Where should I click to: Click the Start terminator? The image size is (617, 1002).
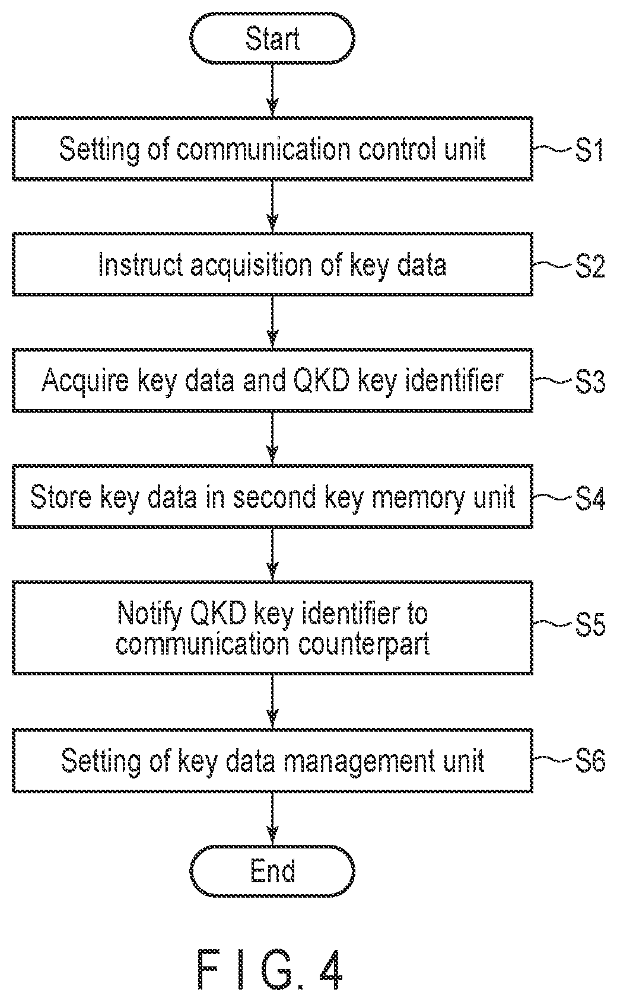point(272,38)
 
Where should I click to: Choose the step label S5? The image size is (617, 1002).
point(590,623)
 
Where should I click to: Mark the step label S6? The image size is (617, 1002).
point(590,759)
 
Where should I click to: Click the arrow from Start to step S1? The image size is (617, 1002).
point(272,90)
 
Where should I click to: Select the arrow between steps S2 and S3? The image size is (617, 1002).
point(272,322)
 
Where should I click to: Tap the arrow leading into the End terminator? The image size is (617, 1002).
point(272,819)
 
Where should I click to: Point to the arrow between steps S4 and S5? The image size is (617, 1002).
point(272,555)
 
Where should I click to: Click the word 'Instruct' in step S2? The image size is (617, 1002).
point(141,264)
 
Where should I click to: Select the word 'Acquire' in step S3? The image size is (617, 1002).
point(85,381)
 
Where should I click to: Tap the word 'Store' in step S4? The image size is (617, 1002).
point(61,496)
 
